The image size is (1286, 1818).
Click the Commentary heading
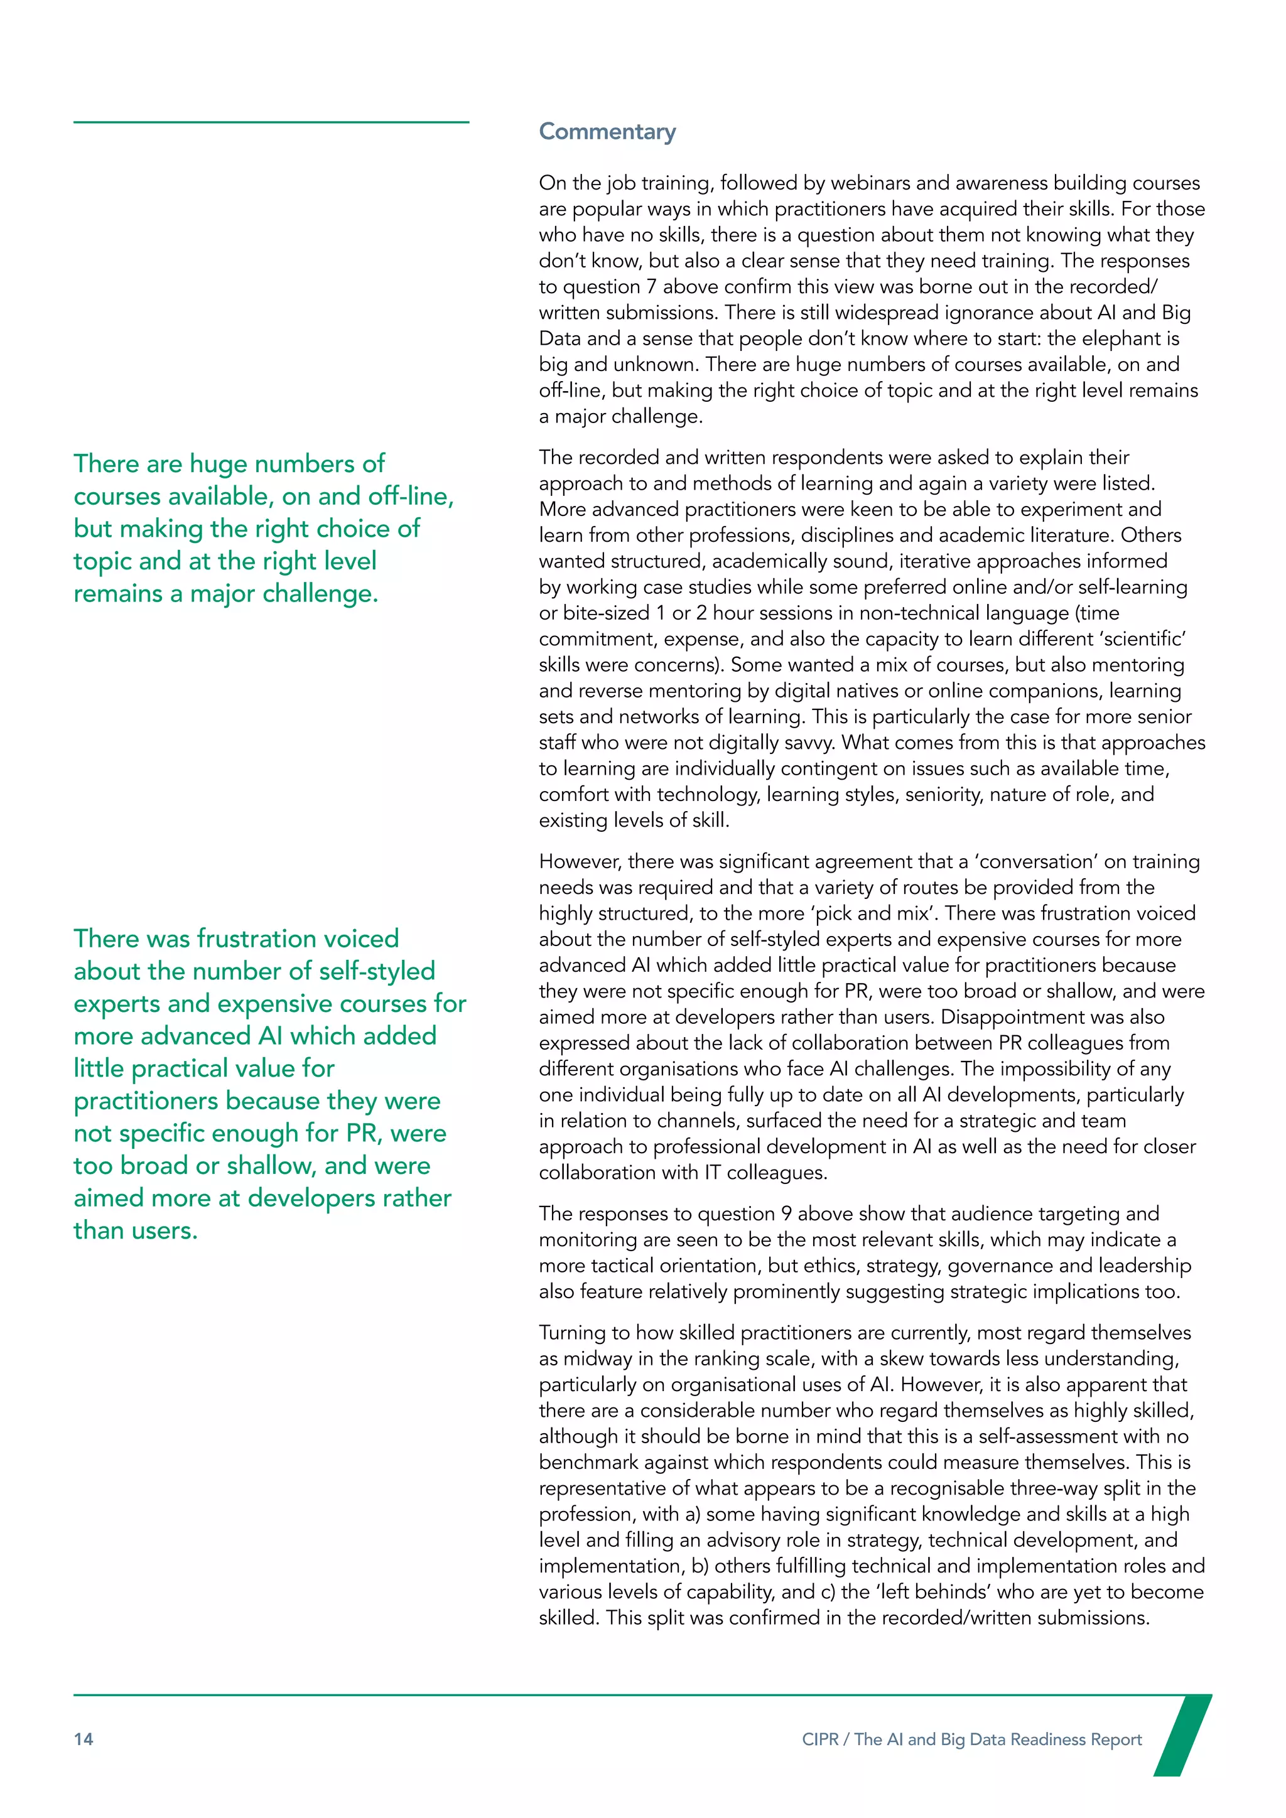[x=607, y=131]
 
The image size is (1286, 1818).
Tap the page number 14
[x=83, y=1739]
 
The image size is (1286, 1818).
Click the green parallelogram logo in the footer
[x=1182, y=1734]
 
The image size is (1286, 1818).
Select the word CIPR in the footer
[x=819, y=1740]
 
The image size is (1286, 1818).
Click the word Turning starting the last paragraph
[x=576, y=1333]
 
